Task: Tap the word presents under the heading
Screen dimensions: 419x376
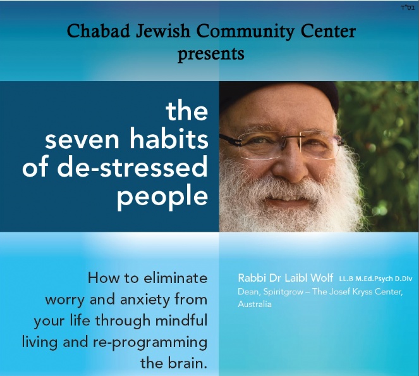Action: coord(211,54)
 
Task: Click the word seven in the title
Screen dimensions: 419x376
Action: coord(82,139)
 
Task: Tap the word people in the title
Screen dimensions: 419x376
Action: coord(162,197)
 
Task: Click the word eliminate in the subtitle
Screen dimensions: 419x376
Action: coord(176,278)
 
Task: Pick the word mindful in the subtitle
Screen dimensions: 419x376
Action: coord(181,320)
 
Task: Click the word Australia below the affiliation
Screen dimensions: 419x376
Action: coord(255,304)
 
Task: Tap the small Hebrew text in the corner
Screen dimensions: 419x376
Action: coord(407,8)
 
